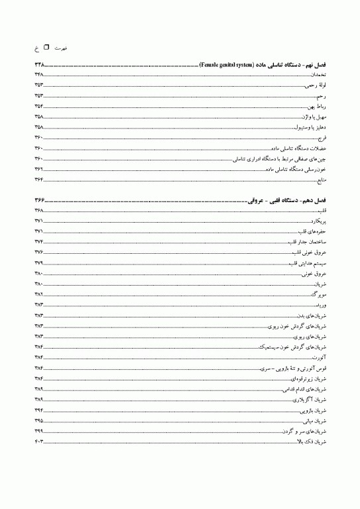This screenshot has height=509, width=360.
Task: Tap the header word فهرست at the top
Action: (61, 48)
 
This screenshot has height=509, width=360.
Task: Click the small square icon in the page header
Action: (46, 48)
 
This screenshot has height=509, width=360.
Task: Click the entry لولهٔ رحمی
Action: (316, 85)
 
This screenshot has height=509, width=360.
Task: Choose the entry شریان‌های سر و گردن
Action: (307, 431)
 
